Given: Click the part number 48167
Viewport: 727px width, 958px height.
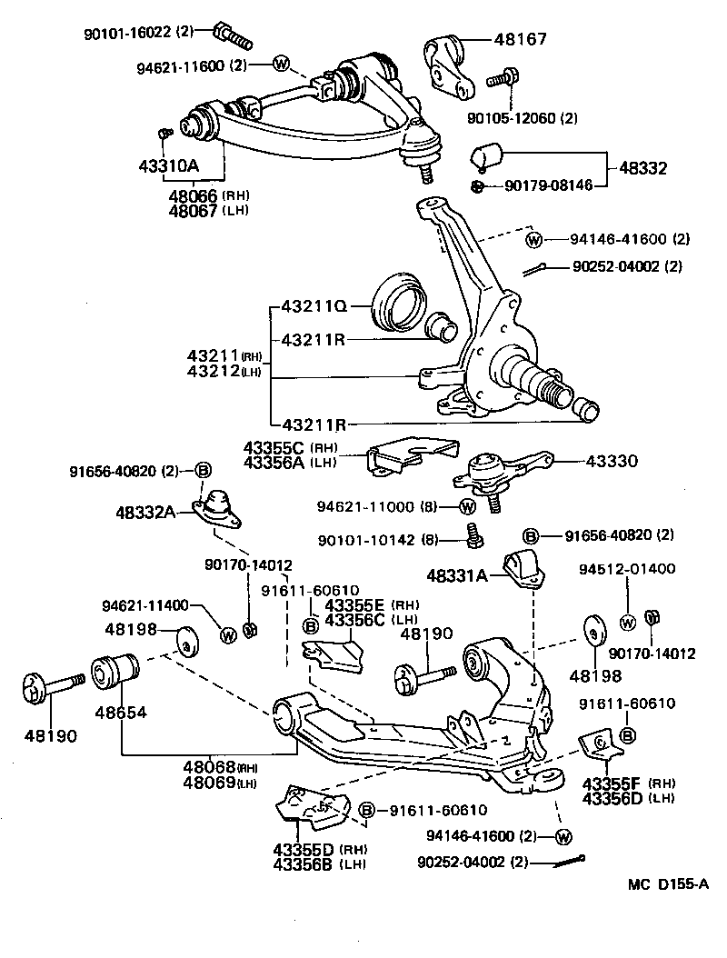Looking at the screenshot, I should point(523,39).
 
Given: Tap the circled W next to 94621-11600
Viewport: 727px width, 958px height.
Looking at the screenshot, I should point(280,65).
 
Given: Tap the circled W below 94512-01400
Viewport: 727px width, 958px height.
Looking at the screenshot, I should point(627,623).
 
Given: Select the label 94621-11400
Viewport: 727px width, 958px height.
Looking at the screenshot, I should point(145,605).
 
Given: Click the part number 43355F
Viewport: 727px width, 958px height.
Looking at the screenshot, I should point(611,783).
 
